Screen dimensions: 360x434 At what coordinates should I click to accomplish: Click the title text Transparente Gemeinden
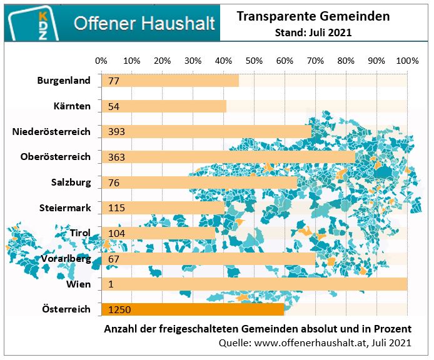tap(313, 17)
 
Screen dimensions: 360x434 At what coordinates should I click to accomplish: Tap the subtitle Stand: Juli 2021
tap(313, 32)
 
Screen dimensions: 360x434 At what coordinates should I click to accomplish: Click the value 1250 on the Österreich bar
tap(119, 309)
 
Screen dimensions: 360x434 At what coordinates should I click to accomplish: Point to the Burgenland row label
tap(64, 81)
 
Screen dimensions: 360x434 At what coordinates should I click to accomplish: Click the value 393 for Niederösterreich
tap(116, 131)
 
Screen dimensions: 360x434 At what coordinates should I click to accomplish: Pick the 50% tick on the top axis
tap(254, 61)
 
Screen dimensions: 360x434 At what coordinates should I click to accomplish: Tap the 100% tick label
tap(407, 61)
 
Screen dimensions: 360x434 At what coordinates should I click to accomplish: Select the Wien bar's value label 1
tap(111, 284)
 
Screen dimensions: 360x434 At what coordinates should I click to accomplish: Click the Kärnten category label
tap(72, 106)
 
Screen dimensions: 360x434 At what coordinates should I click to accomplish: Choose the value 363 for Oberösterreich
tap(116, 157)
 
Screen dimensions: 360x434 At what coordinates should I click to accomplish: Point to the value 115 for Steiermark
tap(116, 208)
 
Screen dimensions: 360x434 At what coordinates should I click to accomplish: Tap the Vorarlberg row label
tap(66, 259)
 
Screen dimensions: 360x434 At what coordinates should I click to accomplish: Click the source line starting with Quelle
tap(315, 342)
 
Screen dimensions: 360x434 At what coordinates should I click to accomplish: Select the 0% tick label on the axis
tap(101, 61)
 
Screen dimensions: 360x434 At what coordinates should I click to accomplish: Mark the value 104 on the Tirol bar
tap(116, 234)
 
